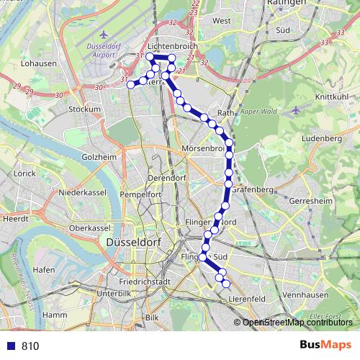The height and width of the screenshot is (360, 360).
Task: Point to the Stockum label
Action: tap(84, 109)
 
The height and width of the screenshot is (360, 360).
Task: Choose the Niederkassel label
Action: tap(83, 193)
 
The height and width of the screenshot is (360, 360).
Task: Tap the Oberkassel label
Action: tap(89, 228)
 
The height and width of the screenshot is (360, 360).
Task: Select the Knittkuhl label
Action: tap(332, 96)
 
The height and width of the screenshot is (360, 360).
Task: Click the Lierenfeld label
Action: tap(247, 298)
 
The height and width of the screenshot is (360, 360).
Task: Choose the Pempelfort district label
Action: tap(140, 194)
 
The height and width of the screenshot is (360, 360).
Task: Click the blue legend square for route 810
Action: tap(11, 346)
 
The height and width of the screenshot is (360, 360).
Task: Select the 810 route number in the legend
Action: tap(30, 346)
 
